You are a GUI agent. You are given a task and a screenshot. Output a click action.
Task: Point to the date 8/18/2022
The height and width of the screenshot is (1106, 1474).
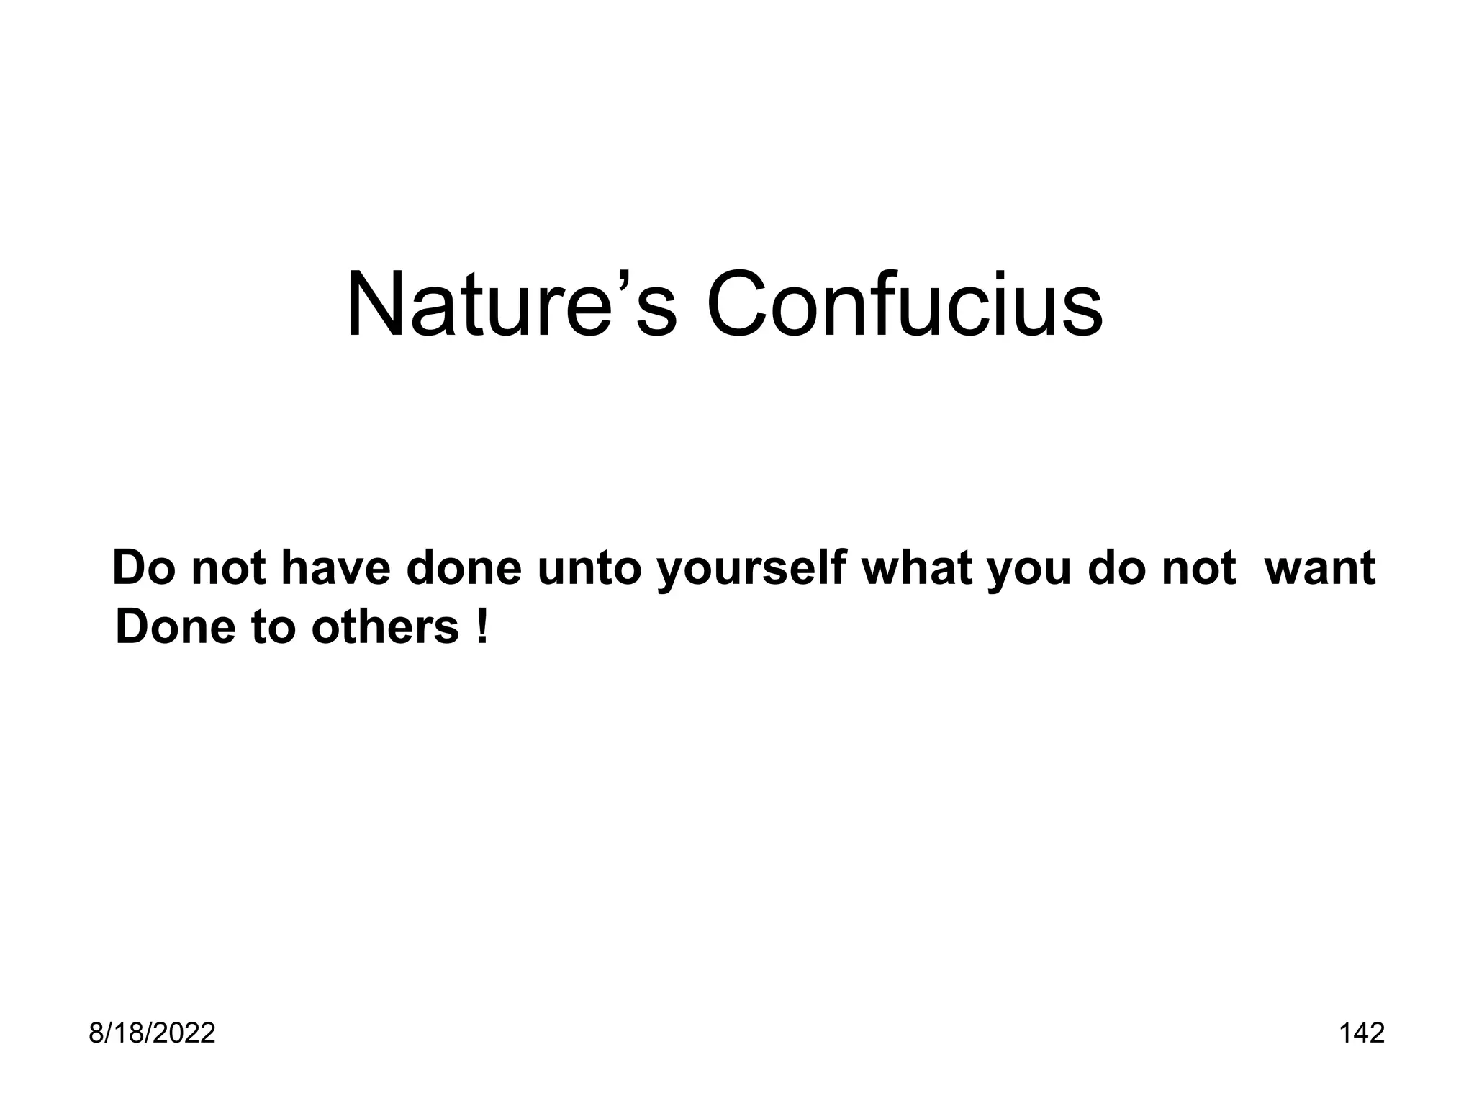(x=152, y=1033)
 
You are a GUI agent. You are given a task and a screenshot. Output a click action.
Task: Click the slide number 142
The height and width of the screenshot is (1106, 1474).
(x=1362, y=1033)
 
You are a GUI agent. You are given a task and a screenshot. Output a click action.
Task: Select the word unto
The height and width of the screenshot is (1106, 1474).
(x=589, y=569)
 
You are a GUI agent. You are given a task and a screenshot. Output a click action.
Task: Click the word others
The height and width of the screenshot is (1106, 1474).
(x=385, y=626)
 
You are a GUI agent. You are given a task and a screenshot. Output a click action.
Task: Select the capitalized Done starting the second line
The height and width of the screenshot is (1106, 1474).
(x=175, y=626)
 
